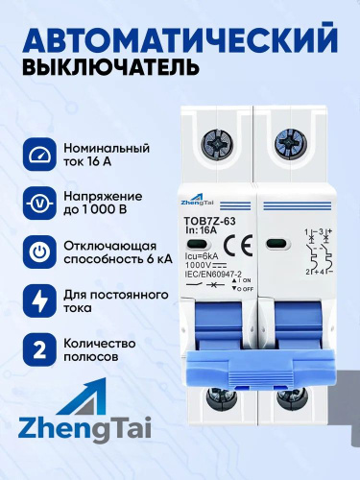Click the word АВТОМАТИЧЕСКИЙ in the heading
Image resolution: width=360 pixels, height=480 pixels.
pos(180,38)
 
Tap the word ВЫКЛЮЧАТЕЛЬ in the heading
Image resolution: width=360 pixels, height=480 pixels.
pos(111,66)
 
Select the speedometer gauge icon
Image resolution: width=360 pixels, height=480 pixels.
pos(39,155)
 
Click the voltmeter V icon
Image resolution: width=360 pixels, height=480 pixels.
pos(39,204)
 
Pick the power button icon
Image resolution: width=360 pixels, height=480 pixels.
pos(39,252)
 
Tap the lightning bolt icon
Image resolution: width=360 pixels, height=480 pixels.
pos(39,300)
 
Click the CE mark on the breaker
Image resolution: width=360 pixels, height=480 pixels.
pos(238,246)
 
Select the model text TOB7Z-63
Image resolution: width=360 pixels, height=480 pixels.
pos(210,222)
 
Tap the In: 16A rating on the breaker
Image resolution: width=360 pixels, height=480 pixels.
pos(202,231)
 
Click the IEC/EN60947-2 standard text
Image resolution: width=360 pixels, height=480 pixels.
pos(213,273)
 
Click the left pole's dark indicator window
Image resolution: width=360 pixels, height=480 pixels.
pos(199,245)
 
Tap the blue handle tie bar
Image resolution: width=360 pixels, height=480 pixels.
pos(260,368)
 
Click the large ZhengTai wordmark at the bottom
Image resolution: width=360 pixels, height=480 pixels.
pos(84,427)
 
